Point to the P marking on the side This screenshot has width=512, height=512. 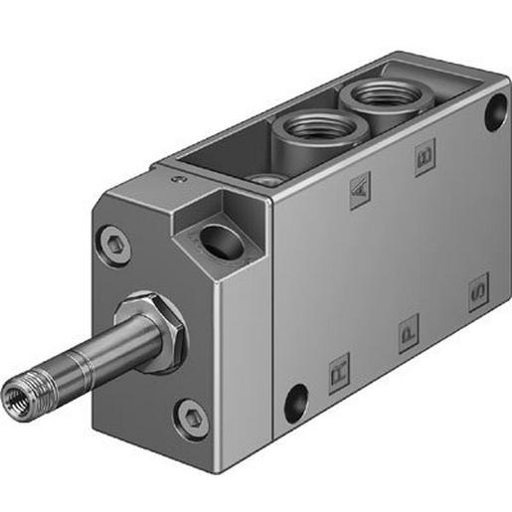click(409, 332)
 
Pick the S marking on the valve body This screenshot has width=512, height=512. click(478, 292)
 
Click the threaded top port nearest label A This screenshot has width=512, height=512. click(305, 129)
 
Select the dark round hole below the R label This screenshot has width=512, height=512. click(294, 403)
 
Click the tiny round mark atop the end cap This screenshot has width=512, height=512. click(179, 179)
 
